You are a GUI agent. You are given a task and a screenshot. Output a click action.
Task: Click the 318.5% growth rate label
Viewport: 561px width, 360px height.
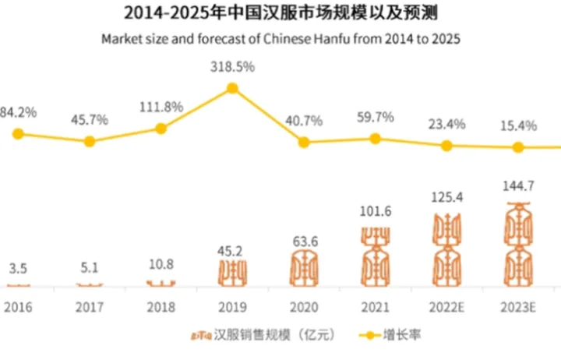click(x=232, y=68)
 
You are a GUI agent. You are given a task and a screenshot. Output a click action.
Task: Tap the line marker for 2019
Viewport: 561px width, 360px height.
click(x=232, y=88)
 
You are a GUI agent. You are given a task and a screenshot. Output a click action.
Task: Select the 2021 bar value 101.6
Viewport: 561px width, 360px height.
click(x=375, y=212)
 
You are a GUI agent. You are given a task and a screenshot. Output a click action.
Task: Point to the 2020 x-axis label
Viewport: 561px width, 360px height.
click(x=303, y=308)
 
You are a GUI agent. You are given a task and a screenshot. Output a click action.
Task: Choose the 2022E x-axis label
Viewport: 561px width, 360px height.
click(x=446, y=308)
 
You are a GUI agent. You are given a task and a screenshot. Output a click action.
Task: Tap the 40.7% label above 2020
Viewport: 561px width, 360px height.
click(x=304, y=121)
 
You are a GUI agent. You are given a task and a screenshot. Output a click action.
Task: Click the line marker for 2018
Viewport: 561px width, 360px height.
click(x=161, y=128)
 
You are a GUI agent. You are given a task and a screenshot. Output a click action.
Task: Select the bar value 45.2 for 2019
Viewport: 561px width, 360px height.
click(x=232, y=251)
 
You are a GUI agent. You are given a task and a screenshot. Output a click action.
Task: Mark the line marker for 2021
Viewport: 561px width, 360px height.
click(x=375, y=138)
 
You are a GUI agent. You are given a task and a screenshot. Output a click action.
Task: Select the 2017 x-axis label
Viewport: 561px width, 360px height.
click(x=90, y=308)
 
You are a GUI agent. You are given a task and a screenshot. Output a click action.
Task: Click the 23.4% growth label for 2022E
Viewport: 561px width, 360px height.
click(x=446, y=124)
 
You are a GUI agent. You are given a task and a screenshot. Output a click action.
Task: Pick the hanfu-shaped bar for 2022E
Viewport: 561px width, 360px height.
click(x=446, y=249)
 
